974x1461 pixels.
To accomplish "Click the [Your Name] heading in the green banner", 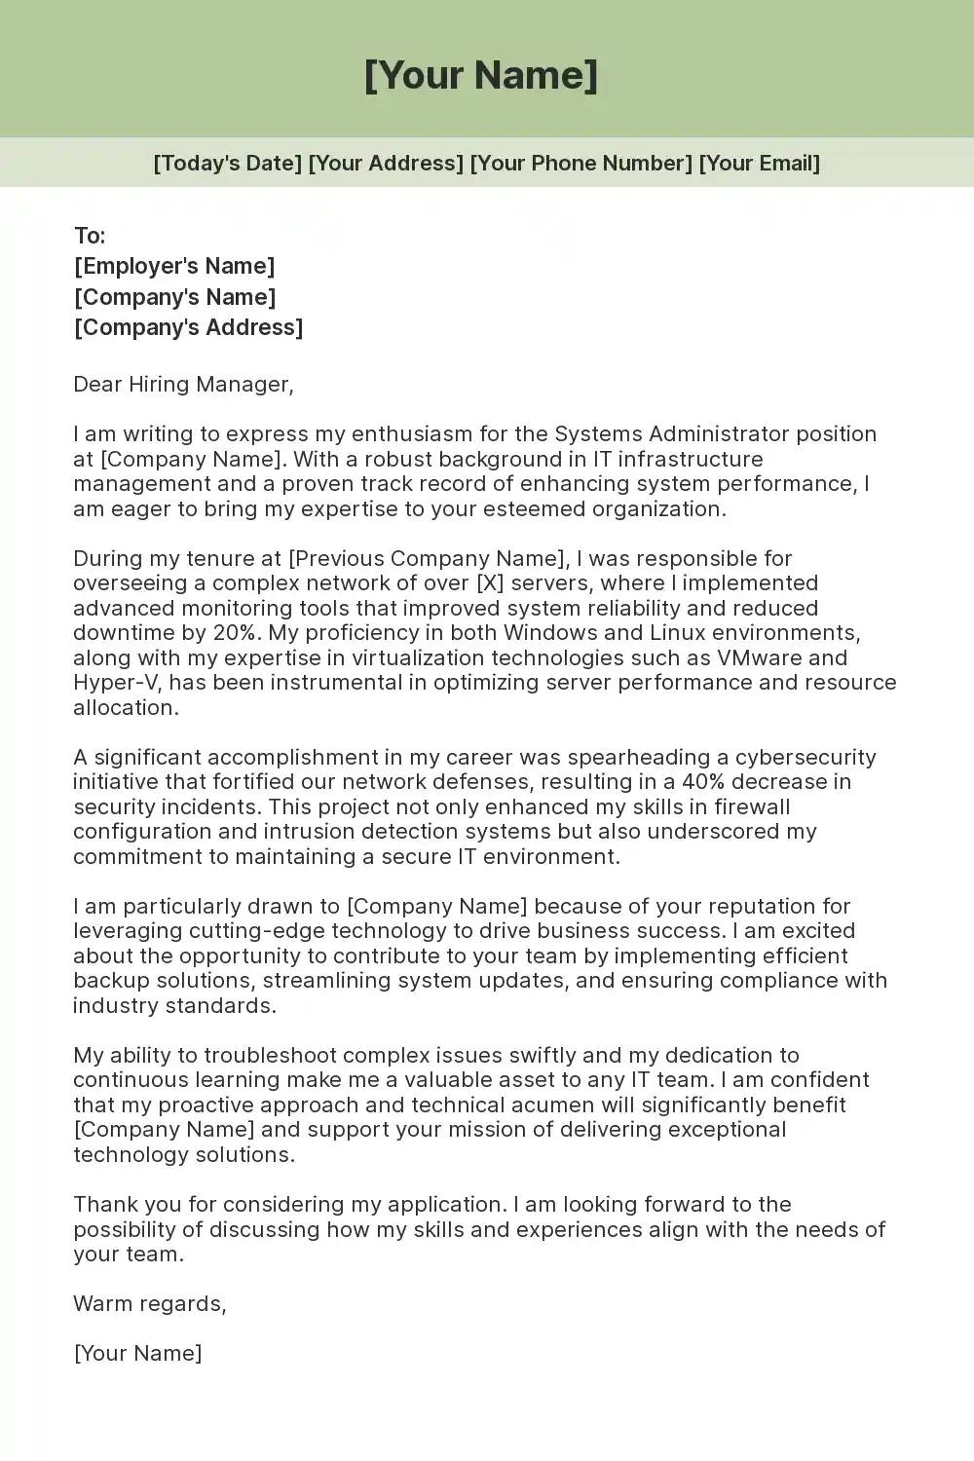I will [481, 76].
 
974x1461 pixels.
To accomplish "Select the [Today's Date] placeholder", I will [228, 163].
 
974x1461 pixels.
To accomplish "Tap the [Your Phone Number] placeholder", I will [581, 163].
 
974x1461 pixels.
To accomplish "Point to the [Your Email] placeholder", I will [760, 163].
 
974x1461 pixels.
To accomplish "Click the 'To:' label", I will [90, 236].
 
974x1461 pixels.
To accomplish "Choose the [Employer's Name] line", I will [174, 266].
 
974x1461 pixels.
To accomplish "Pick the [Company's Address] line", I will [188, 327].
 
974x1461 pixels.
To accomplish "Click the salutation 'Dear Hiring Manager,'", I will [183, 384].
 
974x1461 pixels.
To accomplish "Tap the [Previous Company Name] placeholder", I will [427, 558].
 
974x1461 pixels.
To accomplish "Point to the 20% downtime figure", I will [234, 632].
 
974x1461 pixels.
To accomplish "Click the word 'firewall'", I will [752, 806].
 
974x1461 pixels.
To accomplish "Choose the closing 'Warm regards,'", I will [150, 1303].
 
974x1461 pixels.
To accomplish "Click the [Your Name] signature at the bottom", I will [137, 1353].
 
